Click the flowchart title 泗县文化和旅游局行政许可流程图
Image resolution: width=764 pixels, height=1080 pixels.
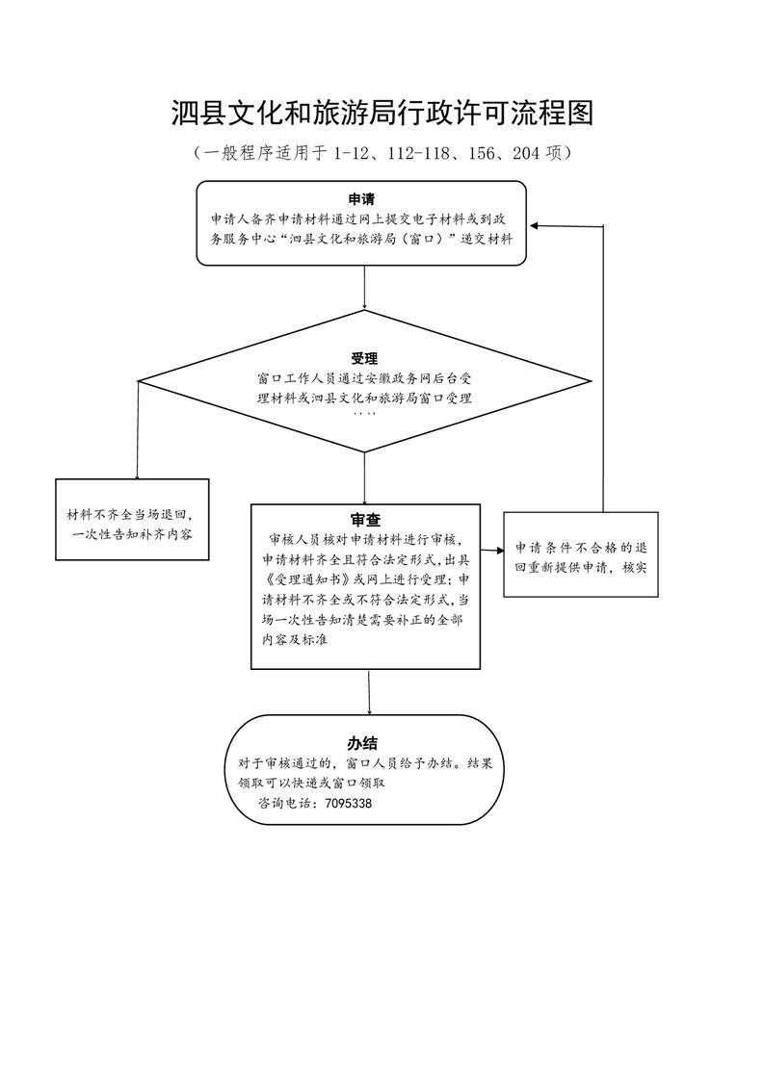[382, 113]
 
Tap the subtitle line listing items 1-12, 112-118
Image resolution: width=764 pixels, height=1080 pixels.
[382, 153]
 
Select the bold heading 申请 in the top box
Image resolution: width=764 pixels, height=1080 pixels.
[361, 200]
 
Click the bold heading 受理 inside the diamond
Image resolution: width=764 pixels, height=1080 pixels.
[364, 358]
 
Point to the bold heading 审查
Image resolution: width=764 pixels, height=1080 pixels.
[365, 520]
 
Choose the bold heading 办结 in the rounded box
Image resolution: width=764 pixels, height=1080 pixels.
[362, 743]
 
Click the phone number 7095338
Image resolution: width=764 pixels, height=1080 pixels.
[348, 803]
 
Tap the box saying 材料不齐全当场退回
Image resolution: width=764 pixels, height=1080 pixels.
[132, 520]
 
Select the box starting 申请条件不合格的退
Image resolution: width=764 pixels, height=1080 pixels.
[581, 554]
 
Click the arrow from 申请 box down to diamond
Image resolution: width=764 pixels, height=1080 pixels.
[364, 288]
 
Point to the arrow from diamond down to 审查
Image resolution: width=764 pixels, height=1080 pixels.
[364, 478]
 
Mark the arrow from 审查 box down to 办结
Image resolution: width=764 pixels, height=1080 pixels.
[370, 692]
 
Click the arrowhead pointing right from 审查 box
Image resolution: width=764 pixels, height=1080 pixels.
[500, 551]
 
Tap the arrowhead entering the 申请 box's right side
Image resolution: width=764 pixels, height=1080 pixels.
[534, 225]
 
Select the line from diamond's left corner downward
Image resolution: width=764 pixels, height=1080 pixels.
[137, 430]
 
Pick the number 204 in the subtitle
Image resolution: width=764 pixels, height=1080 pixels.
[526, 153]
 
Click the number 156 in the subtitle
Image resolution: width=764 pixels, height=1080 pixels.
[482, 153]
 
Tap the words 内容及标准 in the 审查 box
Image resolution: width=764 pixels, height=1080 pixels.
[295, 640]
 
